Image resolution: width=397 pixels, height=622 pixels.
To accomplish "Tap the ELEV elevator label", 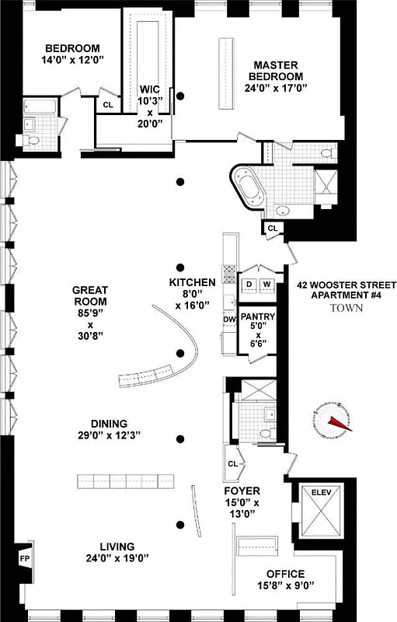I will point(320,492).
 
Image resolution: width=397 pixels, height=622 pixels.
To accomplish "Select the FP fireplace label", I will point(23,557).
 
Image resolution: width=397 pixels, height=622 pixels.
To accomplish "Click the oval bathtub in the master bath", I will point(251,189).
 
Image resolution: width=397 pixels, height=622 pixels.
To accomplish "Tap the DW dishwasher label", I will point(229,320).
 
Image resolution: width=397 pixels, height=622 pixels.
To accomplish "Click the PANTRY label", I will point(256,317).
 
